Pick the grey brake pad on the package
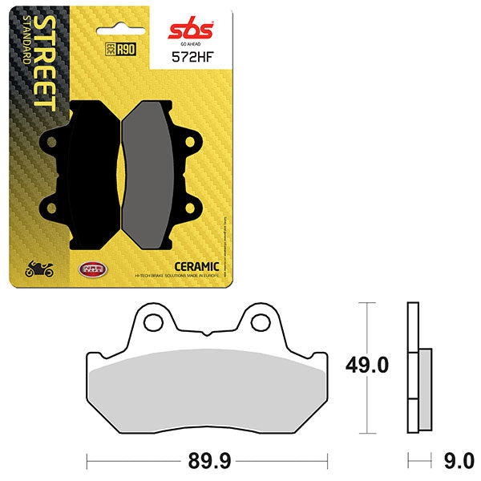point(158,172)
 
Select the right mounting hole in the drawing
point(259,322)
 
